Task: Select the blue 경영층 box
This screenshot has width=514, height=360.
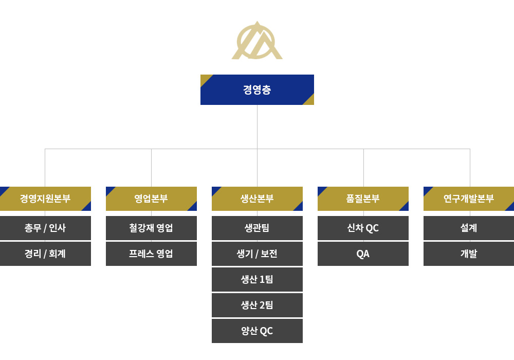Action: tap(257, 89)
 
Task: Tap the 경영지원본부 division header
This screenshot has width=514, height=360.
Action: tap(45, 199)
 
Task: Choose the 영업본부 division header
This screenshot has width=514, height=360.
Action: tap(151, 199)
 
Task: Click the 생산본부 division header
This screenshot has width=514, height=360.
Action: tap(257, 199)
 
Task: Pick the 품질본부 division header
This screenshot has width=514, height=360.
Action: tap(363, 199)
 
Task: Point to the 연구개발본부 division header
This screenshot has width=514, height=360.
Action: tap(469, 199)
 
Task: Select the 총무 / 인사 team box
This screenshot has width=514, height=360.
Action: tap(45, 228)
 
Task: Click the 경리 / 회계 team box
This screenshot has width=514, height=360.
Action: tap(45, 254)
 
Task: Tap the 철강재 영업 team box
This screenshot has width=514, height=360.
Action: tap(151, 228)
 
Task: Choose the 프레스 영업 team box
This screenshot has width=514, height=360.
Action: tap(151, 254)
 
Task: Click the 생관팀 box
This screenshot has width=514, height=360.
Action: tap(257, 228)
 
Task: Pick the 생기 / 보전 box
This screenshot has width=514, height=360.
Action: tap(257, 254)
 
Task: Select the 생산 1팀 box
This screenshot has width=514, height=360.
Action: tap(257, 279)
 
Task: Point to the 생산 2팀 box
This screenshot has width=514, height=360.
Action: tap(257, 305)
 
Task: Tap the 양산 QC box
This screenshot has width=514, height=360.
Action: tap(257, 331)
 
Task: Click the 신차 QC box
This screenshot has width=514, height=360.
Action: tap(363, 228)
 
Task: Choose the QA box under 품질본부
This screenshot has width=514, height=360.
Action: tap(363, 254)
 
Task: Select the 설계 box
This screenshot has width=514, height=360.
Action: tap(469, 228)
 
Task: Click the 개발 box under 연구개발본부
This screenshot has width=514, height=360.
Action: tap(469, 254)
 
